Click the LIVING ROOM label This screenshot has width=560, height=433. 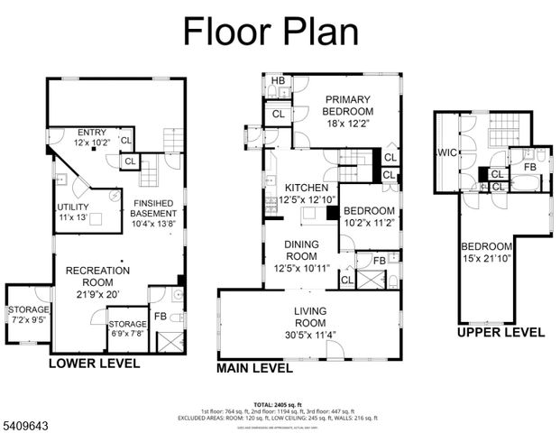coord(310,316)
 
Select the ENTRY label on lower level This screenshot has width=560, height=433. coord(92,132)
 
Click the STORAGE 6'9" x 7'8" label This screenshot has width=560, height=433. coord(126,323)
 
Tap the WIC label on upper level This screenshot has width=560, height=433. coord(446,152)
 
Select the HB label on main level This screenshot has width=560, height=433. coord(277,80)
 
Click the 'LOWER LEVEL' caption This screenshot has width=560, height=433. coord(95,364)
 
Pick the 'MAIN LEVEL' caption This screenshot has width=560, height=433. coord(254,368)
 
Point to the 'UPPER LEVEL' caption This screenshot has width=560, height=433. coord(500,332)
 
